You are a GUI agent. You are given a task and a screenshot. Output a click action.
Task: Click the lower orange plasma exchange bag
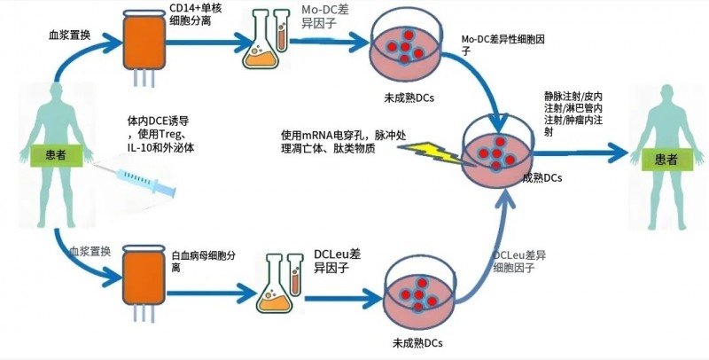pos(142,271)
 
